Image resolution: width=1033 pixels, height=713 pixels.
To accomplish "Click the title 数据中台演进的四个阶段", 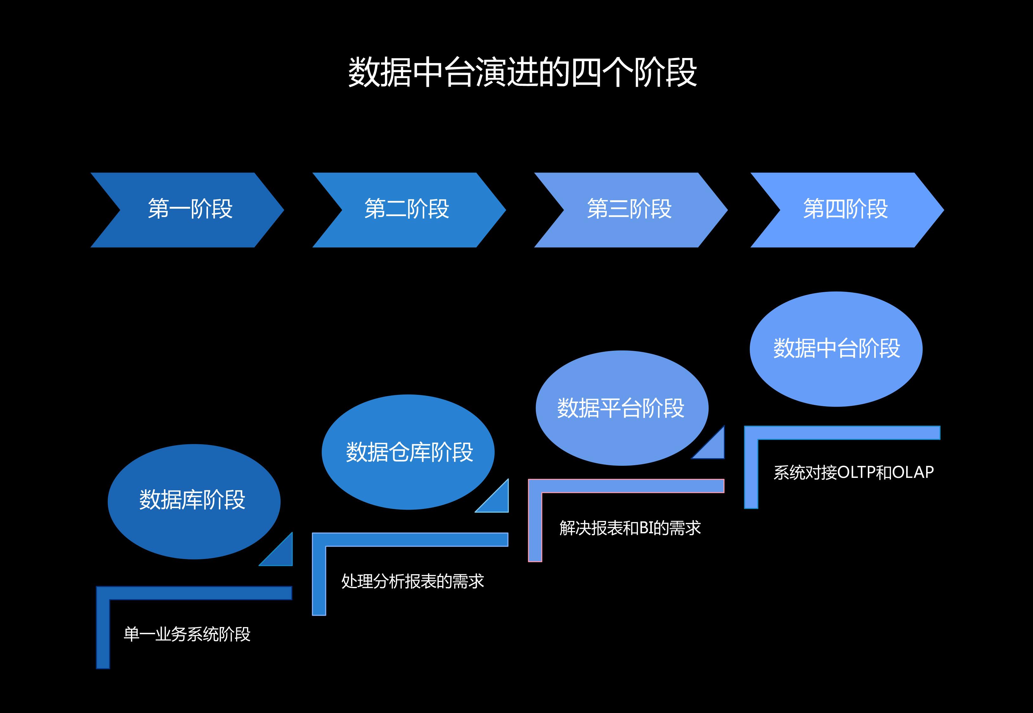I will [522, 72].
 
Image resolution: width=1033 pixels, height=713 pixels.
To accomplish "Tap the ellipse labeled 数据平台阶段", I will [621, 408].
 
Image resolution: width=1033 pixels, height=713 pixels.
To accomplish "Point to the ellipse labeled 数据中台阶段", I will [835, 349].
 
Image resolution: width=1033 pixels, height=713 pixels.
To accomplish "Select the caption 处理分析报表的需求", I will [412, 581].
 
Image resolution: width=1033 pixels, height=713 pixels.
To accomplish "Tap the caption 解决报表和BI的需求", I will [629, 528].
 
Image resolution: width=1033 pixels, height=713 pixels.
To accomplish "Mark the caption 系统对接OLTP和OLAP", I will [853, 472].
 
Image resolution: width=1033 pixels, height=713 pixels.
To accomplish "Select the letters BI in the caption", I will [647, 528].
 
